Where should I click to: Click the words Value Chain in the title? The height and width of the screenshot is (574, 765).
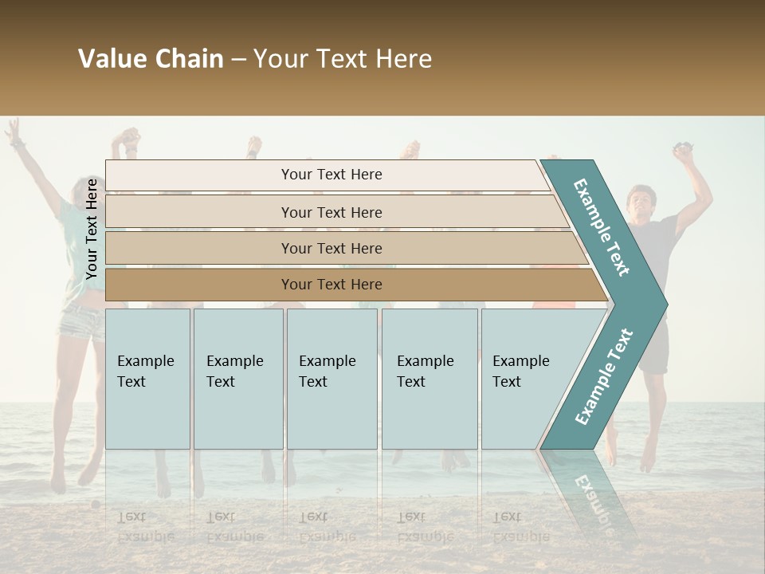point(151,59)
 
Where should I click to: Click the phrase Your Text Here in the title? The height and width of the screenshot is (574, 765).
point(343,59)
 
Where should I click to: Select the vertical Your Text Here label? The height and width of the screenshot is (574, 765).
point(92,229)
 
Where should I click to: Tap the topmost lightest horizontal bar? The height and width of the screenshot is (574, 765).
point(331,175)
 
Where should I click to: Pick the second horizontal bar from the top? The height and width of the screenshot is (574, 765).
point(331,212)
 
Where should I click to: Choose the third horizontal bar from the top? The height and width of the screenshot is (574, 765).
point(331,248)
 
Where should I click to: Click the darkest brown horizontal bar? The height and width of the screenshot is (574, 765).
point(331,285)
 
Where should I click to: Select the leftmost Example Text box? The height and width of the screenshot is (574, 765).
point(147,379)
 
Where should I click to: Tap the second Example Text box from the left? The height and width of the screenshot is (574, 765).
point(237,379)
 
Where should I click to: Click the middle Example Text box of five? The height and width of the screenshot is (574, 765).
point(331,379)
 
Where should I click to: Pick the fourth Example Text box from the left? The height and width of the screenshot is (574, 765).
point(429,379)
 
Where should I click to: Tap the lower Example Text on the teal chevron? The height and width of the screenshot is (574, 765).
point(604,376)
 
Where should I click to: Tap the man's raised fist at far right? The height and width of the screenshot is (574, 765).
point(684,151)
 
